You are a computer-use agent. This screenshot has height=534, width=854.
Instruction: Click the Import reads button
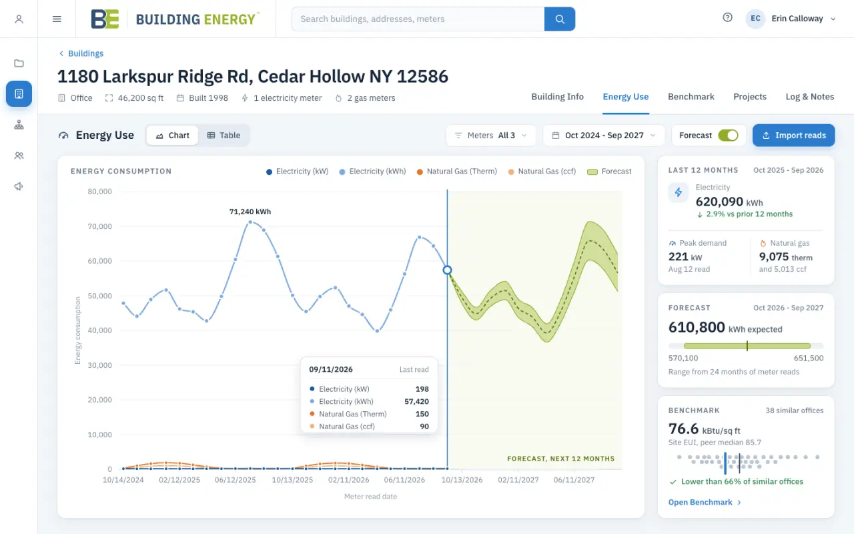click(793, 136)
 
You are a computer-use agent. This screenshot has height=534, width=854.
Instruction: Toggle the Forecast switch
click(728, 136)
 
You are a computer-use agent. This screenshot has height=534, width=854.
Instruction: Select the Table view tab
click(224, 136)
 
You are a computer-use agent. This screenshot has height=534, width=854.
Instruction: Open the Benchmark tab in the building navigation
click(691, 97)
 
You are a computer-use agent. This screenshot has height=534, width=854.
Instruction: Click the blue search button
click(560, 19)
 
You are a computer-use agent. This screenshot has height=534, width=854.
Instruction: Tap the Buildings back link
click(81, 53)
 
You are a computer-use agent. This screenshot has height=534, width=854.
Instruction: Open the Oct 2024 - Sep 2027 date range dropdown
click(604, 136)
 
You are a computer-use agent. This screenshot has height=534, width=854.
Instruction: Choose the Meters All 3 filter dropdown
click(491, 136)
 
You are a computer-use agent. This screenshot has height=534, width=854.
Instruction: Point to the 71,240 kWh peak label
click(250, 212)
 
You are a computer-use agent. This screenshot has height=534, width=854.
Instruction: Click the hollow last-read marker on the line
click(447, 270)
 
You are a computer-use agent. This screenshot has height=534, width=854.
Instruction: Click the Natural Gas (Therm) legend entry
click(457, 172)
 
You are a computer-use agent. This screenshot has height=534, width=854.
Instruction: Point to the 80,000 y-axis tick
click(100, 192)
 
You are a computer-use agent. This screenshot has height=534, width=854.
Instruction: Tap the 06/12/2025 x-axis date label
click(236, 480)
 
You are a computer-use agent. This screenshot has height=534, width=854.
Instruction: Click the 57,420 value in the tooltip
click(416, 402)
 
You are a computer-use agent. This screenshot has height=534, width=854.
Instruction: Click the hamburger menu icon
click(57, 19)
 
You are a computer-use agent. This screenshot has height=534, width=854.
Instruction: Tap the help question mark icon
click(727, 17)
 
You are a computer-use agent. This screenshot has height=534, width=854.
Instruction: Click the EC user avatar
click(755, 19)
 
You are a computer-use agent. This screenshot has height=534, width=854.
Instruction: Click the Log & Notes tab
click(810, 97)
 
